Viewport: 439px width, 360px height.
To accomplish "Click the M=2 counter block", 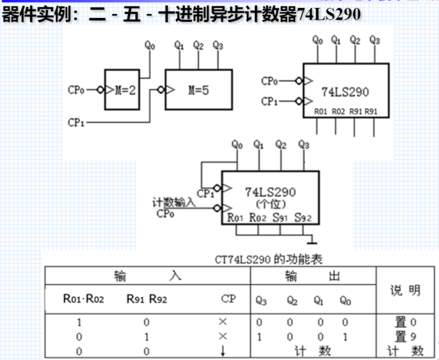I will click(122, 90).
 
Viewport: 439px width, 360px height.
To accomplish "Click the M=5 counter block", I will click(198, 90).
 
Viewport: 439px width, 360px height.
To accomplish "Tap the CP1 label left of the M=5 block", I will click(77, 122).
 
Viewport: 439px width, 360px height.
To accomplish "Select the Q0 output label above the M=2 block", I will click(150, 46).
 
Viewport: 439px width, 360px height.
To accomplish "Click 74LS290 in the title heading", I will click(328, 15).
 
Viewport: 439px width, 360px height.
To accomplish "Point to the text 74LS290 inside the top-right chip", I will click(345, 92).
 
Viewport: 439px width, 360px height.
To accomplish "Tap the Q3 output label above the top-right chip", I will click(374, 40).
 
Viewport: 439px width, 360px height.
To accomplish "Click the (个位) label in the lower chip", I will click(270, 204).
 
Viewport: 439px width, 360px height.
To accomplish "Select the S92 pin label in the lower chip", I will click(303, 218).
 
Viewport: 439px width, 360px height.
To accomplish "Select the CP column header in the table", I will click(228, 299).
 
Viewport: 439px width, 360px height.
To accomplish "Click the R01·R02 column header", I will click(84, 299).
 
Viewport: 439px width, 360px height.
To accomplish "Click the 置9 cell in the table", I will click(405, 336).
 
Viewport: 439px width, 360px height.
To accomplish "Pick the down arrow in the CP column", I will click(223, 351).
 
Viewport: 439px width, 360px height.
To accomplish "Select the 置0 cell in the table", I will click(405, 322).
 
